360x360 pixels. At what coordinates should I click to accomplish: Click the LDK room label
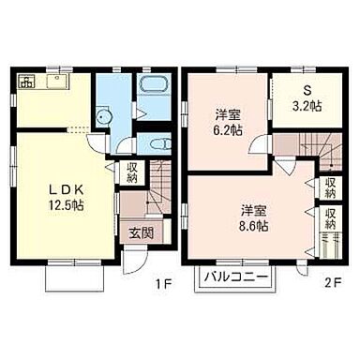point(66,189)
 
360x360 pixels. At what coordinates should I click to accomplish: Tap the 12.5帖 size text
point(66,204)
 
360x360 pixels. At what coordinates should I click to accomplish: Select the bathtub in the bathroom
point(154,84)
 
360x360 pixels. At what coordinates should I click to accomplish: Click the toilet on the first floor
point(159,144)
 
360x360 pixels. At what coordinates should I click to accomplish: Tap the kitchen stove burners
point(27,82)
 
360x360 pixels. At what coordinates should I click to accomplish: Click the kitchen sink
point(56,82)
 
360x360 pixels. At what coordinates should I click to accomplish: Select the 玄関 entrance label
point(142,232)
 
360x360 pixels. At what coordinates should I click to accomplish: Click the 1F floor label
point(164,283)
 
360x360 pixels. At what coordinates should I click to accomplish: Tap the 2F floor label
point(334,283)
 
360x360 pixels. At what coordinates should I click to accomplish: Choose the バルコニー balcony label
point(236,277)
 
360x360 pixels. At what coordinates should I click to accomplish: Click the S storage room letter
point(307,91)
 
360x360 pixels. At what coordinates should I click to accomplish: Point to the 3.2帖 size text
point(307,107)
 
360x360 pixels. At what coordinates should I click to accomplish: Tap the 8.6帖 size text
point(253,226)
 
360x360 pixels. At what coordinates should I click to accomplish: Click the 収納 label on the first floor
point(133,172)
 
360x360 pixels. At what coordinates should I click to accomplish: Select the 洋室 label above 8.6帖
point(253,211)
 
